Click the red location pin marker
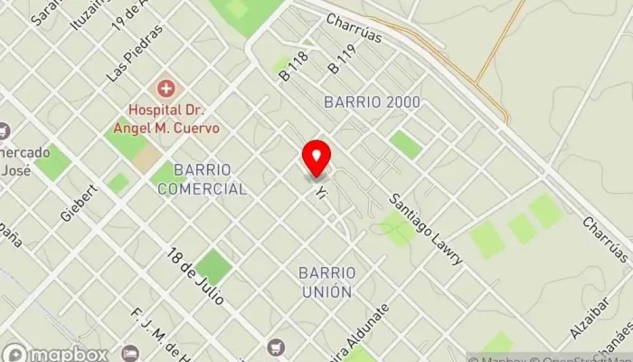click(x=316, y=159)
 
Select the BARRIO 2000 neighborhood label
click(x=372, y=101)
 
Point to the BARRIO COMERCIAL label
click(x=202, y=179)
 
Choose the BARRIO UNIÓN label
click(x=326, y=282)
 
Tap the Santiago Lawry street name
click(x=426, y=229)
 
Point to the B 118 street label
click(x=294, y=67)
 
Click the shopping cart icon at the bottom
click(x=275, y=347)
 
